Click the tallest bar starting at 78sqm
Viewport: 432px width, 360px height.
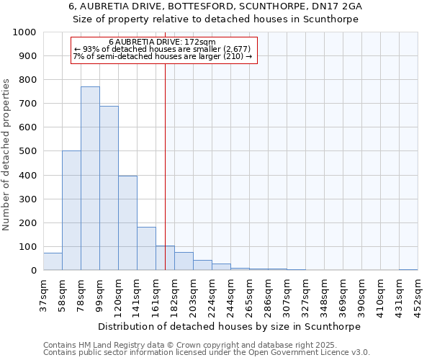tap(90, 179)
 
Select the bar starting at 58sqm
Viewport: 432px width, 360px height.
tap(71, 210)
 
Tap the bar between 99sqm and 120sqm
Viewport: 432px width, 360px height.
tap(109, 188)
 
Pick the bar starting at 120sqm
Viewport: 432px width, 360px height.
tap(127, 223)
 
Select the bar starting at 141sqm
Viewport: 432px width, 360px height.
tap(146, 248)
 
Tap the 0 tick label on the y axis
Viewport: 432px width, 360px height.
tap(34, 270)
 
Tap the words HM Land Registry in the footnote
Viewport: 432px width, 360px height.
tap(112, 345)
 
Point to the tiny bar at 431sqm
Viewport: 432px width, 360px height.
tap(408, 269)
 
